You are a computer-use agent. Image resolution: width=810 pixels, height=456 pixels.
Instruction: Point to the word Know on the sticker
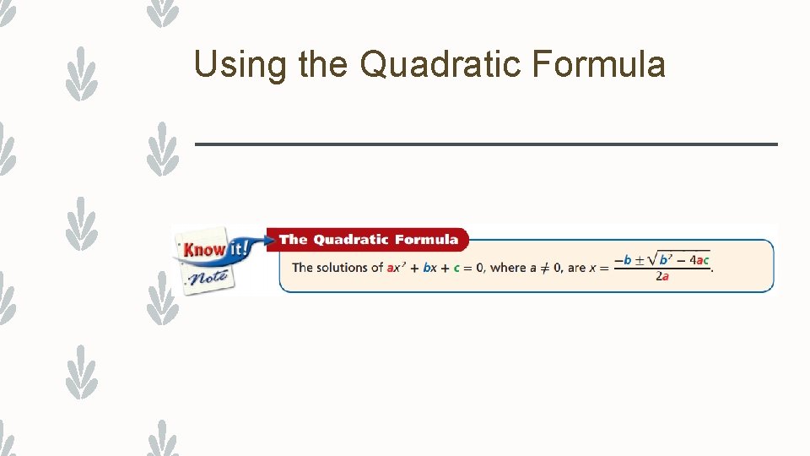tap(204, 249)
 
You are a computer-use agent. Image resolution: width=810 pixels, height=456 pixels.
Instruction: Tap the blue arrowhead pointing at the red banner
tap(262, 240)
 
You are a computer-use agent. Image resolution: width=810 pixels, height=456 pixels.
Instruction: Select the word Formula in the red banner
tap(427, 240)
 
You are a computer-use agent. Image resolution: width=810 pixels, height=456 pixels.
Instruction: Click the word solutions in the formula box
tap(346, 268)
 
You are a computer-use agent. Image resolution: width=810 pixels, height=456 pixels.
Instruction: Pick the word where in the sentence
tap(508, 268)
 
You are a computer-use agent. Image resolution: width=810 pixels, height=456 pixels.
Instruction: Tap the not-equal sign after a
tap(545, 268)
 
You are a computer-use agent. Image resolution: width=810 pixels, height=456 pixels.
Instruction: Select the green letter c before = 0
tap(456, 268)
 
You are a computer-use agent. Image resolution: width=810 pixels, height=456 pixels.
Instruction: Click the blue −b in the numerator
tap(623, 260)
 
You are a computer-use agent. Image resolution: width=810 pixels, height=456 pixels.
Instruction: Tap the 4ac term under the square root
tap(699, 260)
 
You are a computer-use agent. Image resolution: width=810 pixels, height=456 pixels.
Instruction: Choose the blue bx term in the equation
tap(429, 268)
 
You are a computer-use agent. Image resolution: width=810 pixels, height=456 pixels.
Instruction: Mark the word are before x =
tap(576, 268)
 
